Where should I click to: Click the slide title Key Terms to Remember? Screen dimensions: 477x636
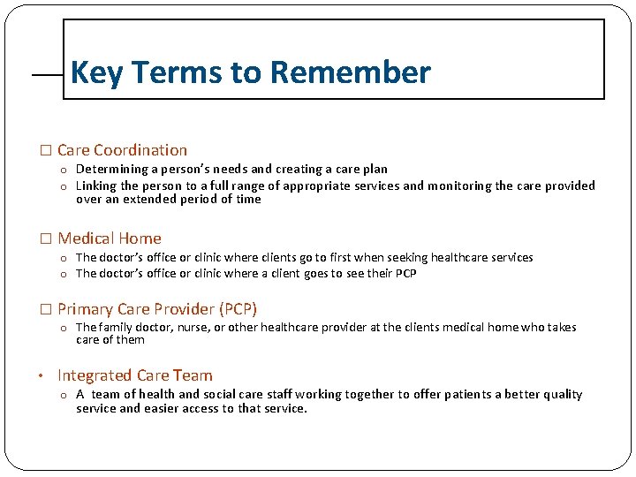click(x=250, y=72)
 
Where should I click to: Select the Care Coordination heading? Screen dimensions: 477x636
click(x=122, y=150)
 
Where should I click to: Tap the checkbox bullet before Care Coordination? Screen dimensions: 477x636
click(x=47, y=151)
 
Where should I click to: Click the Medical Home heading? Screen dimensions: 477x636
click(x=110, y=238)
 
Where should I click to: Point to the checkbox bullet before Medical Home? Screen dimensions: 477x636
click(x=47, y=239)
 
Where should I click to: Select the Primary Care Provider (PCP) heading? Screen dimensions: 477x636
click(x=157, y=309)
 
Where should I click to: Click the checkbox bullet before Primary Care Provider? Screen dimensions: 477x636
click(x=47, y=310)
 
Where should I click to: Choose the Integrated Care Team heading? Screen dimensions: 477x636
click(x=134, y=375)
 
